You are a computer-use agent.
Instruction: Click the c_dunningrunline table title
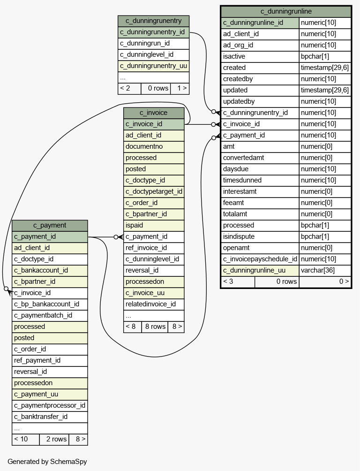click(286, 11)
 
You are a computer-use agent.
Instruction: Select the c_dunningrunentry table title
click(153, 21)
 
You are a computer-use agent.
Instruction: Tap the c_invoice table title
click(153, 113)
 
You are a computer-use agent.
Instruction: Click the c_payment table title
click(50, 225)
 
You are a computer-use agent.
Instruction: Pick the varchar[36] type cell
click(318, 270)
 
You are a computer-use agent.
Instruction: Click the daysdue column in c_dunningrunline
click(236, 169)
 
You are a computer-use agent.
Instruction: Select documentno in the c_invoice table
click(144, 146)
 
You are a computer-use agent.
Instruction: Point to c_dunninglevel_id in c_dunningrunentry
click(147, 54)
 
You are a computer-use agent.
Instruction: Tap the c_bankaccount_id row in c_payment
click(41, 270)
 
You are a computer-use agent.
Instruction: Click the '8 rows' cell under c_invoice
click(155, 327)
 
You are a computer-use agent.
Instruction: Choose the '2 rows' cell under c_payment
click(56, 439)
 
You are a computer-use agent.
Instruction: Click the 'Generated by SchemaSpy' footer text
click(47, 462)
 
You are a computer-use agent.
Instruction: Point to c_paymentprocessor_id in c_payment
click(50, 405)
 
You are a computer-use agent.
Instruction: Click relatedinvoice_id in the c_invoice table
click(150, 304)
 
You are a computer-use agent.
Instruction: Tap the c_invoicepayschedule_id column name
click(260, 259)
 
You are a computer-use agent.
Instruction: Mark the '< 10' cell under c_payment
click(21, 439)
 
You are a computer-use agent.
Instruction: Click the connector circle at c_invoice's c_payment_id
click(116, 237)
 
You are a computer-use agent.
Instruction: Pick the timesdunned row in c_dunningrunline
click(242, 180)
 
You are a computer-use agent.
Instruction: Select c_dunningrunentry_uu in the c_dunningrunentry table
click(153, 66)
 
